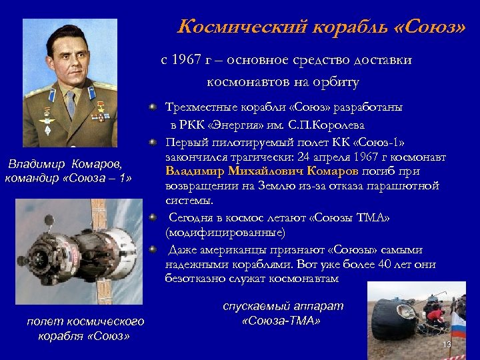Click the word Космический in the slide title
click(x=234, y=27)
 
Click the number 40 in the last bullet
click(x=381, y=265)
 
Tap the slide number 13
click(x=447, y=344)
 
